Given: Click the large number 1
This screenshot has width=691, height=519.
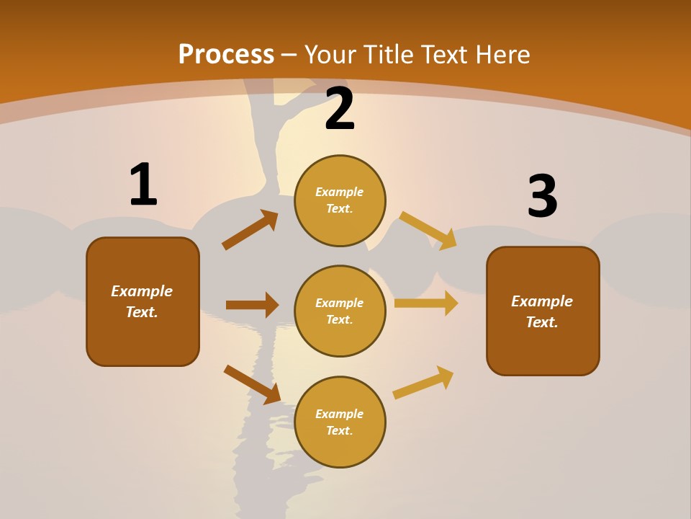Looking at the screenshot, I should coord(143,185).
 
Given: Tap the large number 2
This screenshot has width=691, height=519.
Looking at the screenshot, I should coord(340,109).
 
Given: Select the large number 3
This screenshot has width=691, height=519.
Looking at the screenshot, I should coord(542,196).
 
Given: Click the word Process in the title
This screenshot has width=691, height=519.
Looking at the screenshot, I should coord(226,54).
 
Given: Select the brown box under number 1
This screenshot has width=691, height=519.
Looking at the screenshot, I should coord(143,301).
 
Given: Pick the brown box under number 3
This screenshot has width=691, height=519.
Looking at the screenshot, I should coord(543,311).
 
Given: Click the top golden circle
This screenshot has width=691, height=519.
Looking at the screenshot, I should coord(340,200).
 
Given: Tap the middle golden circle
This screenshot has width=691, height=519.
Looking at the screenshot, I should coord(340,311).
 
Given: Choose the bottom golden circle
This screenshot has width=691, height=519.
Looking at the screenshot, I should coord(340,422).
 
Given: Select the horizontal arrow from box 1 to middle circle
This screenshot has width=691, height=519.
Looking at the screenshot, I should coord(252,305).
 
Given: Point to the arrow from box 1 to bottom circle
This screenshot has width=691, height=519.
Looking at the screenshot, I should coord(252,384).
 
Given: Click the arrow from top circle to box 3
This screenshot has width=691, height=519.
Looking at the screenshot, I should coord(428,230).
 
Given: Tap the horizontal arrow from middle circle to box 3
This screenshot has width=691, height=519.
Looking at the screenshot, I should coord(426,303).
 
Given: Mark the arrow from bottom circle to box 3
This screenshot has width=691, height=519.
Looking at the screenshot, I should coord(423,383).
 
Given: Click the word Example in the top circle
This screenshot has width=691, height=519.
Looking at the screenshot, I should coord(340,192).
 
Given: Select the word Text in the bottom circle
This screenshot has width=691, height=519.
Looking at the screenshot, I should coord(338,430).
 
